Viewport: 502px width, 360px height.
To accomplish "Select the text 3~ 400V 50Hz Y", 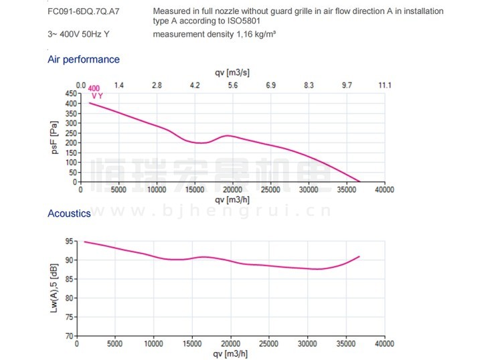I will tap(76, 34).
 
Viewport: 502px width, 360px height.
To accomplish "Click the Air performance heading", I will tap(84, 60).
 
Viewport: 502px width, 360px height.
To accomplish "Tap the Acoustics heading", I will tap(69, 213).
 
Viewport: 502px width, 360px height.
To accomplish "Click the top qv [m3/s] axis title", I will tap(232, 72).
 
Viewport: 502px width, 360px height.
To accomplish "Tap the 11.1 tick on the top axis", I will tap(384, 86).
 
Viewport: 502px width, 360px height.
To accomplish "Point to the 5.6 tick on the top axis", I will tap(233, 86).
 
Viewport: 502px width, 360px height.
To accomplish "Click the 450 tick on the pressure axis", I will tap(71, 94).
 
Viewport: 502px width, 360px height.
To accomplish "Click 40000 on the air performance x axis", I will tap(384, 189).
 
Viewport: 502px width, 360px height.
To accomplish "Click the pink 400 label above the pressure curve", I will tap(94, 88).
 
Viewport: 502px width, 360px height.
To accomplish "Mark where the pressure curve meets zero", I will tap(360, 181).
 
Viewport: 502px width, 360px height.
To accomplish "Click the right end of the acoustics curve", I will tap(360, 256).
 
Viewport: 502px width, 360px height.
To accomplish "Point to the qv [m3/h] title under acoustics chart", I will tap(232, 353).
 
